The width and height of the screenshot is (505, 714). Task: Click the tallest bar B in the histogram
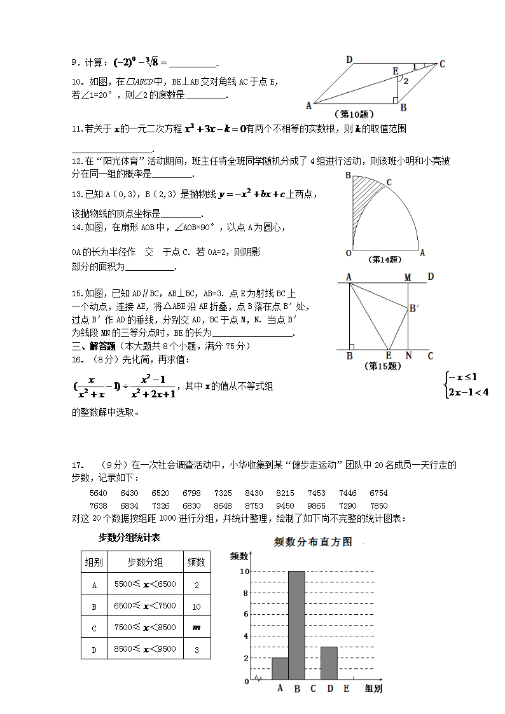pyautogui.click(x=296, y=626)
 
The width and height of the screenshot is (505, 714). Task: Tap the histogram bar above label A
pyautogui.click(x=280, y=669)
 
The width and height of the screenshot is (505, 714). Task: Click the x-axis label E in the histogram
pyautogui.click(x=346, y=689)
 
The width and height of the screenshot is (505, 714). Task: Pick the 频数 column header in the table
pyautogui.click(x=196, y=562)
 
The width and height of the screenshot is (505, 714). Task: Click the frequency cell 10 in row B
pyautogui.click(x=196, y=607)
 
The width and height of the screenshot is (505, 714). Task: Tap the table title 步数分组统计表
pyautogui.click(x=129, y=538)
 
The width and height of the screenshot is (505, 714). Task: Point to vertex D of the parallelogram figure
pyautogui.click(x=349, y=60)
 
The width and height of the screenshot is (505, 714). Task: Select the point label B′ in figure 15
pyautogui.click(x=413, y=308)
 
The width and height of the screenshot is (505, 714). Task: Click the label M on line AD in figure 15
pyautogui.click(x=408, y=277)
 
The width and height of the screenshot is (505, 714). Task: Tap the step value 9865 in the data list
pyautogui.click(x=316, y=506)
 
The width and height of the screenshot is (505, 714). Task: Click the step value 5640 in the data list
pyautogui.click(x=99, y=493)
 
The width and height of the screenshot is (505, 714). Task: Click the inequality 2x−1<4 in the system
pyautogui.click(x=467, y=392)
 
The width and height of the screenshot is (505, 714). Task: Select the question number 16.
pyautogui.click(x=77, y=360)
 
